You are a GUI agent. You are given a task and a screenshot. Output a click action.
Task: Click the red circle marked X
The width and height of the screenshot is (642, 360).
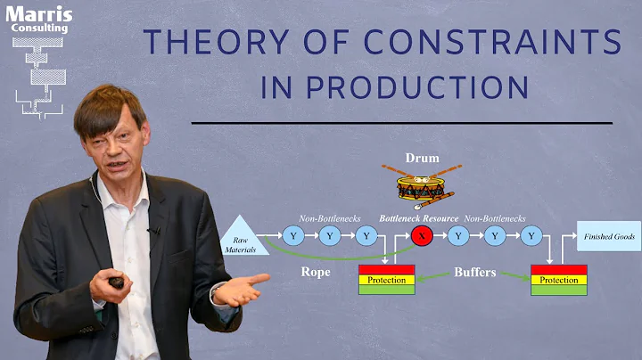[x=420, y=236]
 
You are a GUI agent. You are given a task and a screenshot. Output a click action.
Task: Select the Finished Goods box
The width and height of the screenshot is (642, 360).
[x=608, y=236]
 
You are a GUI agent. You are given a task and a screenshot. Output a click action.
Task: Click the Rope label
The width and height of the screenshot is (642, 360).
[x=317, y=273]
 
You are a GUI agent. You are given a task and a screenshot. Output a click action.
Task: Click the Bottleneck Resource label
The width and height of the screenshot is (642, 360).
[x=419, y=217]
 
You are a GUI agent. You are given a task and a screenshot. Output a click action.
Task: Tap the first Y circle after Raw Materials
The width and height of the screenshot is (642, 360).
[x=292, y=236]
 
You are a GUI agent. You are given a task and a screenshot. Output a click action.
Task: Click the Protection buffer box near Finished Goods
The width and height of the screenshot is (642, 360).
[x=558, y=280]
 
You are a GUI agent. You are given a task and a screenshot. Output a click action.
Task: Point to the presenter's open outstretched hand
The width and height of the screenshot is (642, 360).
[x=239, y=290]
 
